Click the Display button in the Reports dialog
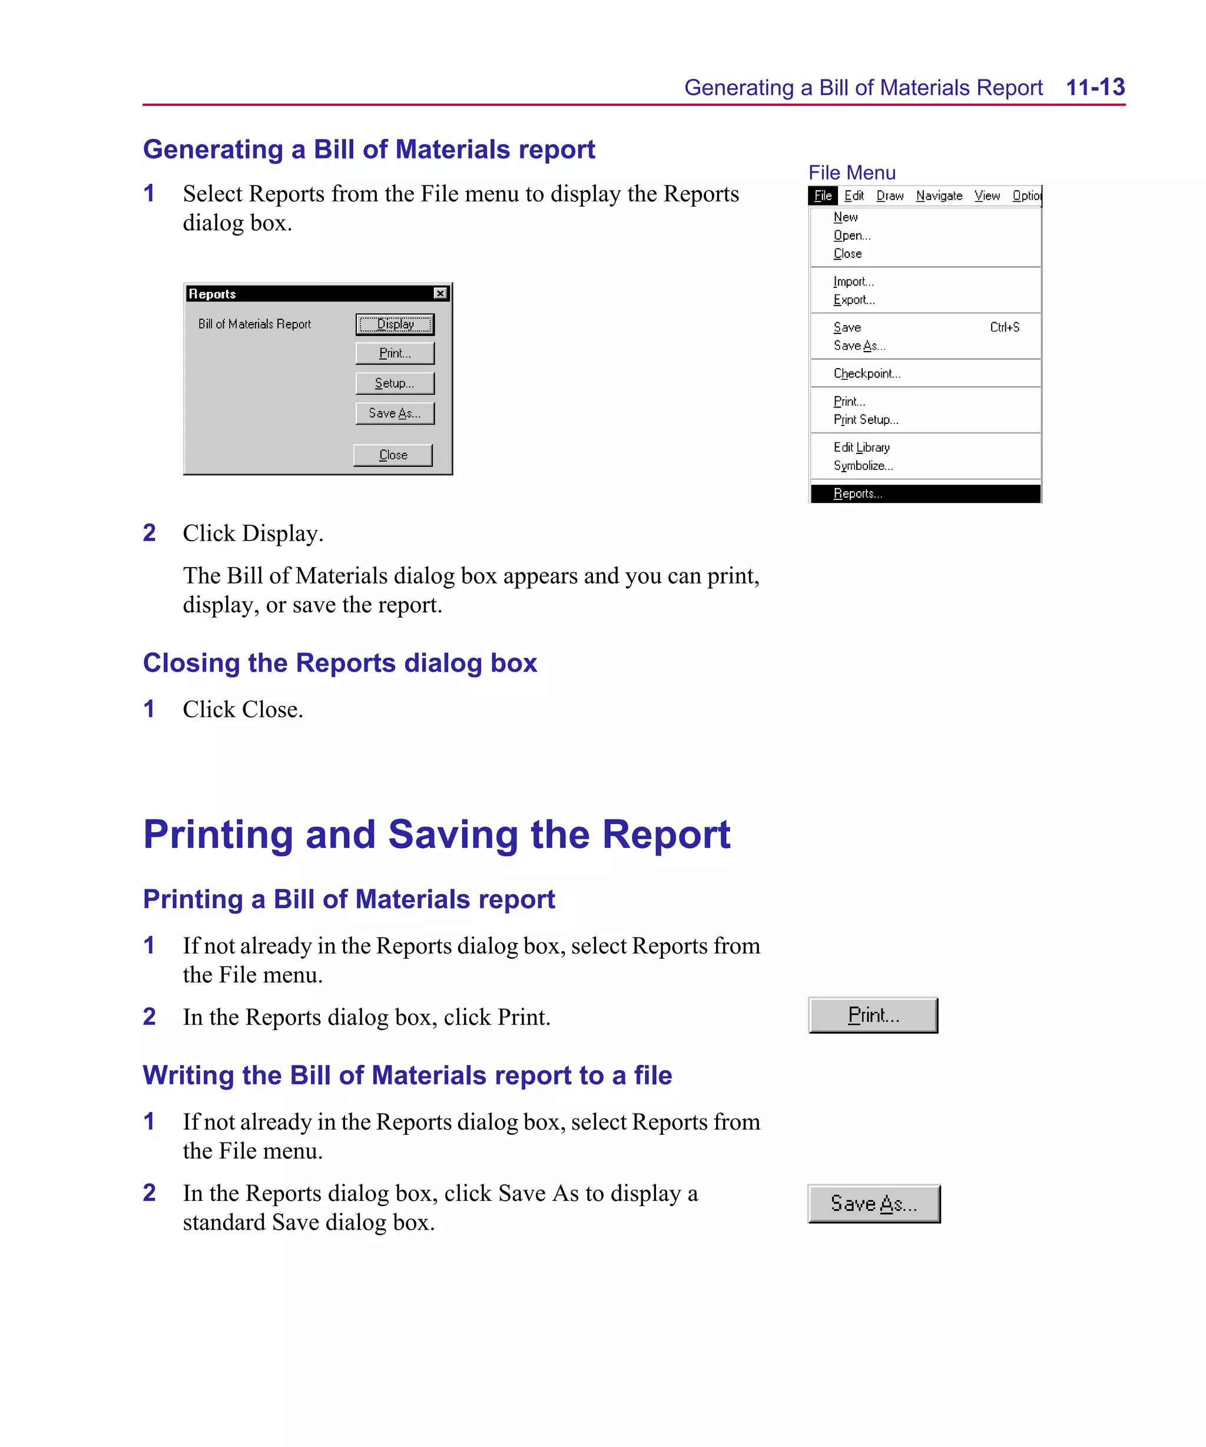coord(395,324)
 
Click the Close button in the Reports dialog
coord(393,455)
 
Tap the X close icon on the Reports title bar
coord(440,293)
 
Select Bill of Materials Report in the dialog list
coord(254,324)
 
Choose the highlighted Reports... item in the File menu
coord(857,494)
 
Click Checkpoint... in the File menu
coord(866,373)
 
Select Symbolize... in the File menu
coord(863,466)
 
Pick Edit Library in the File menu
coord(862,447)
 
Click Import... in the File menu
coord(853,281)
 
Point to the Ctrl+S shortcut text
coord(1004,327)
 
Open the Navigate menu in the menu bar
coord(939,196)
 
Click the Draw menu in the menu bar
coord(890,196)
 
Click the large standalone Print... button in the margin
coord(873,1015)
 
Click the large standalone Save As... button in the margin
coord(873,1204)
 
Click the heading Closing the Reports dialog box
coord(340,663)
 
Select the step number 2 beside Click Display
coord(150,532)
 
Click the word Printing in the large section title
coord(218,835)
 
